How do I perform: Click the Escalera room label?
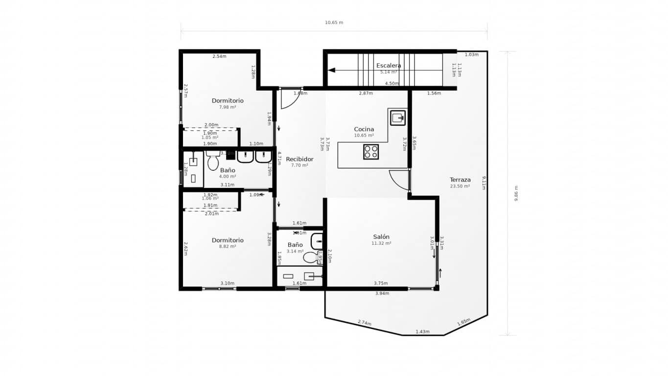click(389, 66)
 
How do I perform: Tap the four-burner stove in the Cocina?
click(371, 152)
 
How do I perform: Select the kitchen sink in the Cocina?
click(397, 117)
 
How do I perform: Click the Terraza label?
click(460, 180)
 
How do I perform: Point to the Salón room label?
click(381, 237)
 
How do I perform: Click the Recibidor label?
click(299, 159)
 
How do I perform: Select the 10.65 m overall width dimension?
click(334, 23)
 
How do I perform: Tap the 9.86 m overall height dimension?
click(516, 193)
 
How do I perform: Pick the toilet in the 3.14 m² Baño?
click(310, 257)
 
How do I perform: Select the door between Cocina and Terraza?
click(400, 180)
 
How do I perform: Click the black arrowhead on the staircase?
click(331, 70)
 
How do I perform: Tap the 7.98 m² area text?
click(228, 107)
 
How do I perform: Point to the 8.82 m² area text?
click(228, 246)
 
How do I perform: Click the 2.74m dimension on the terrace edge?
click(364, 323)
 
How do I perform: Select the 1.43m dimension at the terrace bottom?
click(422, 331)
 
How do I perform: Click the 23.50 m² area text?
click(460, 186)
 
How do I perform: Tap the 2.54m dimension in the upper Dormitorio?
click(219, 56)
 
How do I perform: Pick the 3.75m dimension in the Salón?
click(381, 283)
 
